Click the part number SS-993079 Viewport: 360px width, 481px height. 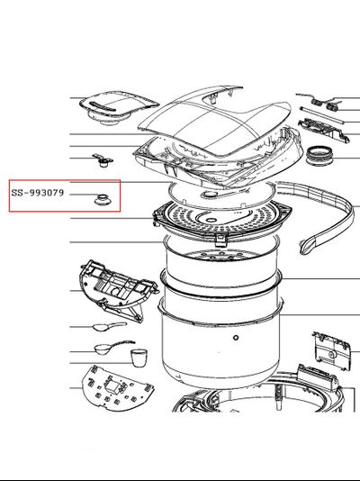(x=38, y=193)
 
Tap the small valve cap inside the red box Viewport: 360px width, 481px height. (x=103, y=200)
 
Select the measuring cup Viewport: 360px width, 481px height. (x=139, y=358)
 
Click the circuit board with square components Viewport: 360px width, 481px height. (x=116, y=388)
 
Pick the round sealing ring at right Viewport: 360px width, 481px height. (x=319, y=156)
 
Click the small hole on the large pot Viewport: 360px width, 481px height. (x=236, y=338)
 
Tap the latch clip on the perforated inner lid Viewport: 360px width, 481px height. (x=220, y=239)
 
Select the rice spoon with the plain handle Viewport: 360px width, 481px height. (x=110, y=326)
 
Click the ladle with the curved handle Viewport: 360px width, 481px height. (x=113, y=348)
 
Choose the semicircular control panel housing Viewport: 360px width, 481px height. (x=118, y=291)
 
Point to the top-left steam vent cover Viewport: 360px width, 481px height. (x=118, y=108)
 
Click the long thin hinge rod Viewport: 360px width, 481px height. (x=322, y=115)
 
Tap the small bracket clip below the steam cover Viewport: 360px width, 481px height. (x=103, y=160)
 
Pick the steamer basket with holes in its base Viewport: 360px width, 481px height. (x=221, y=260)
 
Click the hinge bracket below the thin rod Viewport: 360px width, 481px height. (x=324, y=130)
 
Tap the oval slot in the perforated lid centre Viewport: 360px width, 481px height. (x=211, y=221)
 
